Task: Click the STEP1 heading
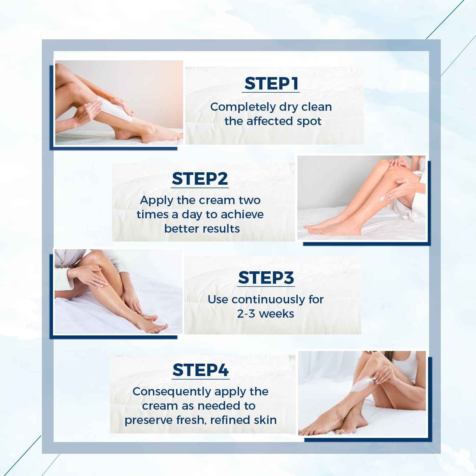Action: pyautogui.click(x=271, y=83)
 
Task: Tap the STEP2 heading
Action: pyautogui.click(x=200, y=179)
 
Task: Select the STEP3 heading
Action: pyautogui.click(x=266, y=278)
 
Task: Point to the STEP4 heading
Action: pyautogui.click(x=201, y=370)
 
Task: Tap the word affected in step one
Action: pyautogui.click(x=269, y=121)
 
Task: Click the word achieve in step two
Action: pyautogui.click(x=242, y=215)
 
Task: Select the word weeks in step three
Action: pyautogui.click(x=276, y=314)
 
